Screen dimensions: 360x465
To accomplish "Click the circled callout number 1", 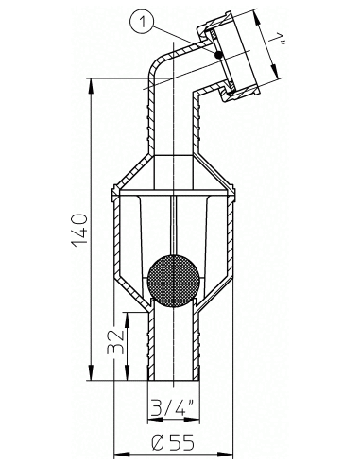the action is (x=143, y=22).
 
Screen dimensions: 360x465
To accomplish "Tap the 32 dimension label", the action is (x=115, y=342).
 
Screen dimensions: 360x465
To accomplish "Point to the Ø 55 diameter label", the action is (x=172, y=442).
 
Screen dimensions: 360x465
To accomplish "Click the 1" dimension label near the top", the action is (x=277, y=41).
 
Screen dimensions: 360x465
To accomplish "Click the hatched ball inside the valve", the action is (x=174, y=280).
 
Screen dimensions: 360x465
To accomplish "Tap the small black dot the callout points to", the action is (x=217, y=56).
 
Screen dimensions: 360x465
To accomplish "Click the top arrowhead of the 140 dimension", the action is (x=91, y=86).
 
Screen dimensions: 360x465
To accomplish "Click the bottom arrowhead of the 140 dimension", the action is (x=91, y=372).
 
